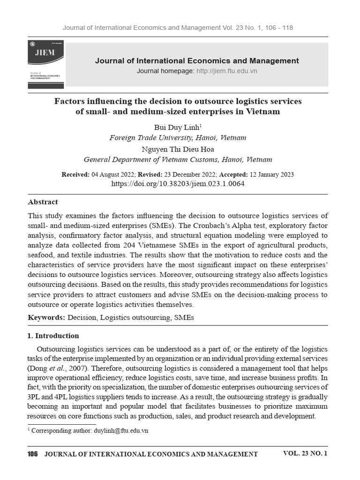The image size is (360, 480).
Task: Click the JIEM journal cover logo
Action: (45, 64)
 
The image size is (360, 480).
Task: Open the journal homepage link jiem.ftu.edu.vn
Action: (226, 71)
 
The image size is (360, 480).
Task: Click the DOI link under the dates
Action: (178, 184)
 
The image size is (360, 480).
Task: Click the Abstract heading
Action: (43, 202)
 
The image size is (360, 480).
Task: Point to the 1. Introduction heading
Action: (53, 336)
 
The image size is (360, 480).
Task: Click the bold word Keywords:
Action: (46, 317)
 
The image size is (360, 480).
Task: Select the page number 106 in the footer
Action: (32, 454)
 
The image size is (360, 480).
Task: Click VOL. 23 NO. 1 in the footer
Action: (305, 453)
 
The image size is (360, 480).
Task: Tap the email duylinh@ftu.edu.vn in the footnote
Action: (121, 431)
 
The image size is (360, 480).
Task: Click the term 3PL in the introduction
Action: (35, 397)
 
